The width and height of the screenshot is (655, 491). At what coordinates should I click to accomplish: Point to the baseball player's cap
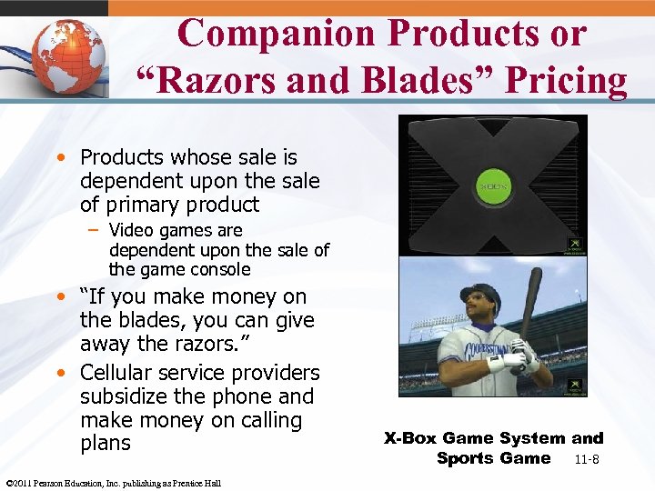479,294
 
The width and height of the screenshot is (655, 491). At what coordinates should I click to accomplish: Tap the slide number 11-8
586,459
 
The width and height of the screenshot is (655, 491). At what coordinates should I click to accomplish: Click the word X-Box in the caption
413,438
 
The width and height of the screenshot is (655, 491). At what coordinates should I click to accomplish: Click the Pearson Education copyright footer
113,483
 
